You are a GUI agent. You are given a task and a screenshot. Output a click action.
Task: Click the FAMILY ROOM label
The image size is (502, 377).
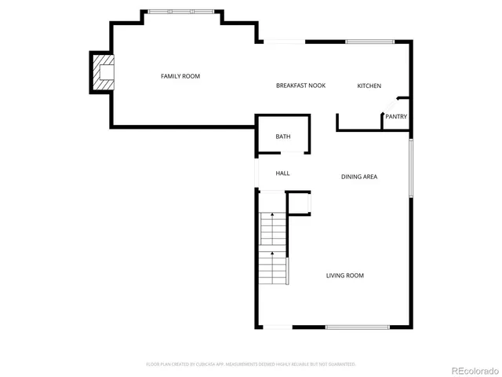[180, 76]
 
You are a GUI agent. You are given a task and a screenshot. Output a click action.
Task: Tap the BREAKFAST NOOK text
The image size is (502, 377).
[300, 86]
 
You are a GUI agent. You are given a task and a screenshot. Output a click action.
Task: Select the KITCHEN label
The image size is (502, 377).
[369, 86]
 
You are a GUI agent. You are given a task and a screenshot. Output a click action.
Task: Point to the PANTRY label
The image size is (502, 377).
[395, 117]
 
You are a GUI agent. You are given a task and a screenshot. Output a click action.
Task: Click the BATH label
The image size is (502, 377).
[282, 137]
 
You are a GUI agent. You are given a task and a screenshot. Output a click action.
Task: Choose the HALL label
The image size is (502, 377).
[282, 173]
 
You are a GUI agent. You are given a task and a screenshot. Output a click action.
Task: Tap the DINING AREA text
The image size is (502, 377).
[359, 177]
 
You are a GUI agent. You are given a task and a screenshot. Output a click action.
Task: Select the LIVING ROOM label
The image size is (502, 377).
[345, 276]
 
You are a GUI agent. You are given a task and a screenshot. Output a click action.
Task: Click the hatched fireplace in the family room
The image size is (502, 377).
[103, 72]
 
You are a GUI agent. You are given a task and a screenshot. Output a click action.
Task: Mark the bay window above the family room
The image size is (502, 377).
[180, 12]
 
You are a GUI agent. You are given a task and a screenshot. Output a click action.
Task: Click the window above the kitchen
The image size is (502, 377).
[369, 42]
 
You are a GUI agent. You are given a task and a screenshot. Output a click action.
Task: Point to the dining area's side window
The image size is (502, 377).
[410, 168]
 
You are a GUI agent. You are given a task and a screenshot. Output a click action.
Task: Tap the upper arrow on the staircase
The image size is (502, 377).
[272, 216]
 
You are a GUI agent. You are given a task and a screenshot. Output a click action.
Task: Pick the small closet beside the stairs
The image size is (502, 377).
[298, 203]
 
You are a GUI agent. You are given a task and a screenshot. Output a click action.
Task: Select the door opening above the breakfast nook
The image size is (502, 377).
[282, 42]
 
